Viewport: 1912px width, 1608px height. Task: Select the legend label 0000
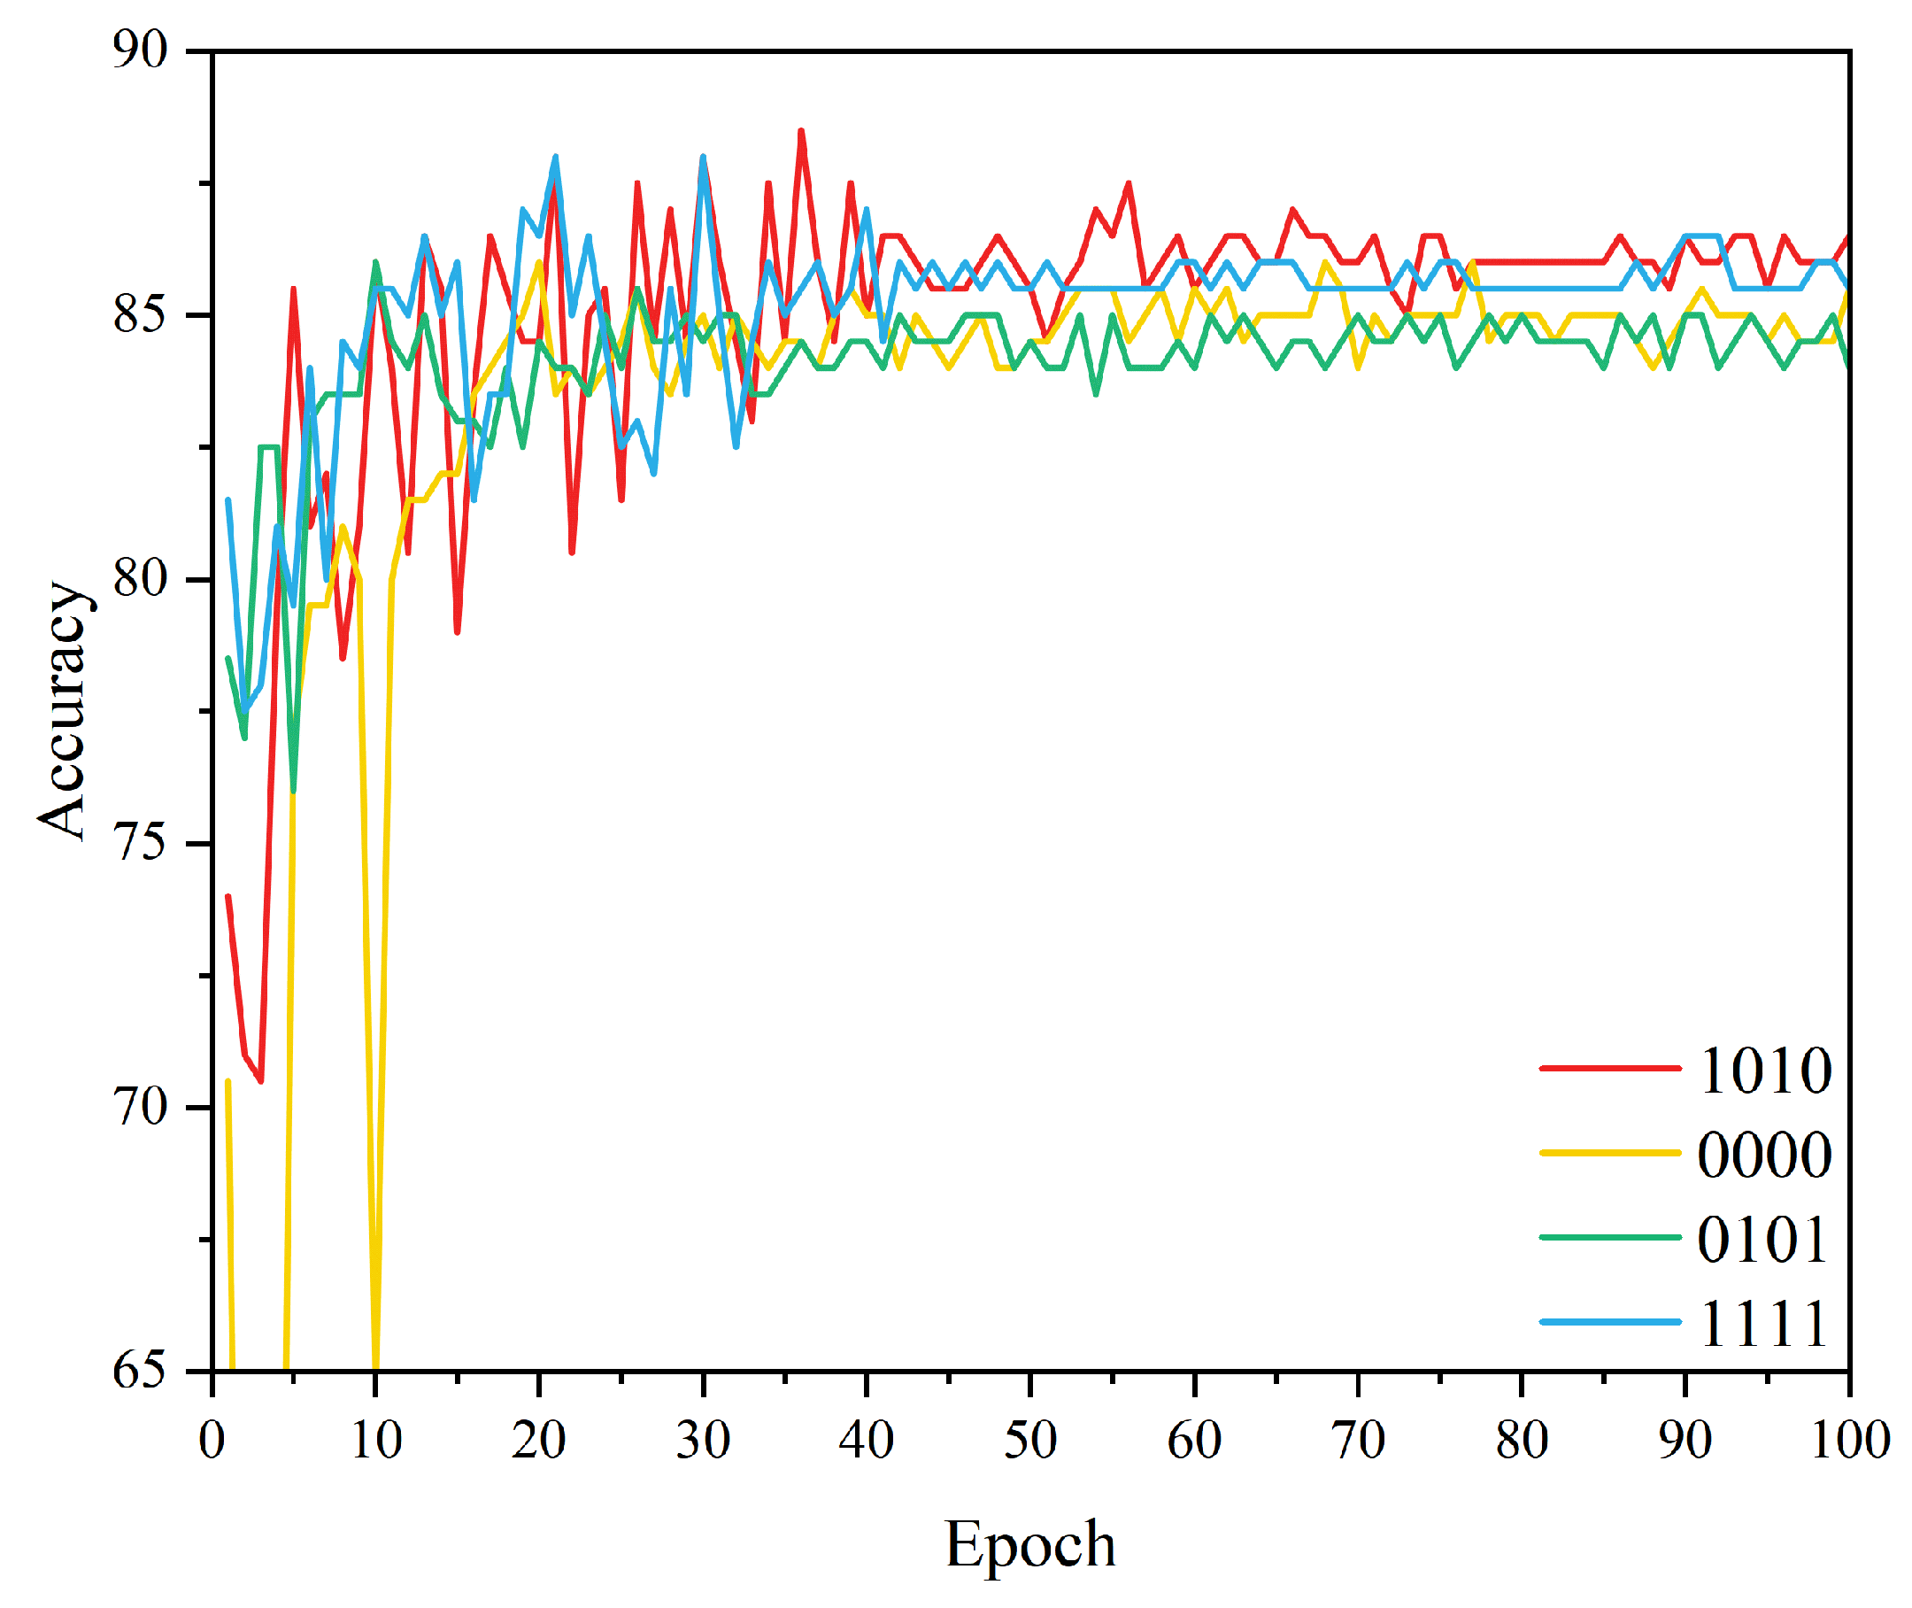pyautogui.click(x=1764, y=1154)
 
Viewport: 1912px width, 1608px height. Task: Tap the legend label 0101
pyautogui.click(x=1762, y=1239)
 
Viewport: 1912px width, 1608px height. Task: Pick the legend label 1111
pyautogui.click(x=1762, y=1323)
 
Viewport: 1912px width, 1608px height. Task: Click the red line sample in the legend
pyautogui.click(x=1609, y=1068)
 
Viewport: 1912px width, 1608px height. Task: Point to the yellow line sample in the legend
pyautogui.click(x=1609, y=1153)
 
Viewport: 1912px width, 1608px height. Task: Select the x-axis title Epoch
pyautogui.click(x=1029, y=1543)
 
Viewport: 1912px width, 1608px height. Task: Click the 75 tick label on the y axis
pyautogui.click(x=141, y=841)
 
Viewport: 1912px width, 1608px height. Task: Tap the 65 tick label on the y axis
pyautogui.click(x=141, y=1369)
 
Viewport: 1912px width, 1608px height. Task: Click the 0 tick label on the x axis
pyautogui.click(x=212, y=1440)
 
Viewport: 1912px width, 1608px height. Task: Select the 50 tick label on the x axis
pyautogui.click(x=1029, y=1440)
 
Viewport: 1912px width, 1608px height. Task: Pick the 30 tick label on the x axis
pyautogui.click(x=703, y=1440)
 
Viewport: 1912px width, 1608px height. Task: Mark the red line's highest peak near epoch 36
pyautogui.click(x=801, y=131)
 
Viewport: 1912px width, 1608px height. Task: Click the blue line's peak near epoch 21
pyautogui.click(x=555, y=157)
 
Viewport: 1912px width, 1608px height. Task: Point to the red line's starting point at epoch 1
pyautogui.click(x=227, y=896)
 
